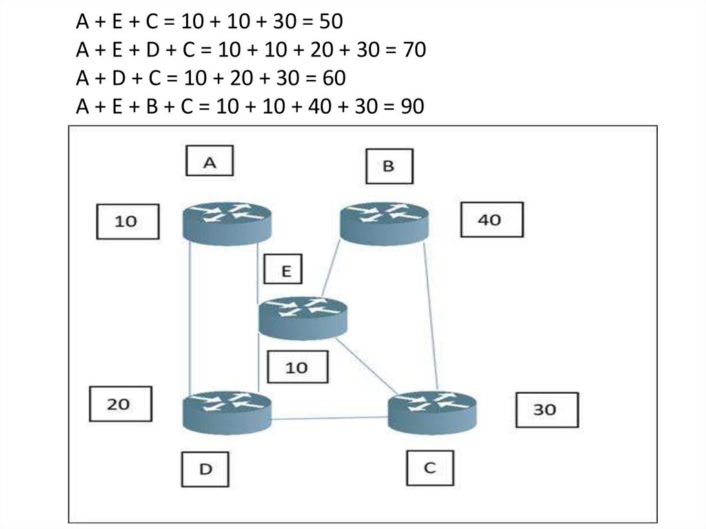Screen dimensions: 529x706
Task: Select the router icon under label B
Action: point(385,221)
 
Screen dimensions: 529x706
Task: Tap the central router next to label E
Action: point(303,317)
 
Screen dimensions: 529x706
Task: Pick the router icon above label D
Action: point(227,411)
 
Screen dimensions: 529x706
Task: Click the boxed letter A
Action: point(210,162)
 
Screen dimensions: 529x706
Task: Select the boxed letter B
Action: point(388,166)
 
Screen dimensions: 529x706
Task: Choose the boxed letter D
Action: point(205,469)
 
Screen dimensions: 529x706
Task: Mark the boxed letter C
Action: point(429,468)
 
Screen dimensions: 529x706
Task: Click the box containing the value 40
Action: point(491,221)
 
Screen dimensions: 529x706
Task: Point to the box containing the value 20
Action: point(120,403)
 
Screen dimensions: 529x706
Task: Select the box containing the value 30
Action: point(546,410)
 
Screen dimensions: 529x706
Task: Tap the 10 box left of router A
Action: point(127,221)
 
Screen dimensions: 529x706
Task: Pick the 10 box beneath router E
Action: point(296,367)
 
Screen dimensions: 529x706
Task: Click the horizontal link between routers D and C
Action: point(330,417)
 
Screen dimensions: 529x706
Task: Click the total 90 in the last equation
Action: point(412,107)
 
